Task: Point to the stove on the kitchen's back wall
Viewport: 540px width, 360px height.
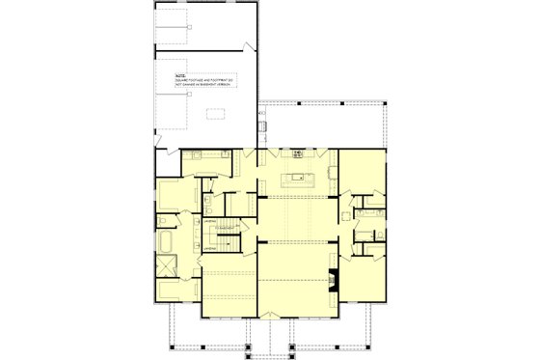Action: click(x=298, y=153)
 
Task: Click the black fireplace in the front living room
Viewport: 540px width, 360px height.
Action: click(x=333, y=279)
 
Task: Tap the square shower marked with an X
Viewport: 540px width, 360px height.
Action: click(x=167, y=266)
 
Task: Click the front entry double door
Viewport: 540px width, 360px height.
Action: click(x=267, y=316)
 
